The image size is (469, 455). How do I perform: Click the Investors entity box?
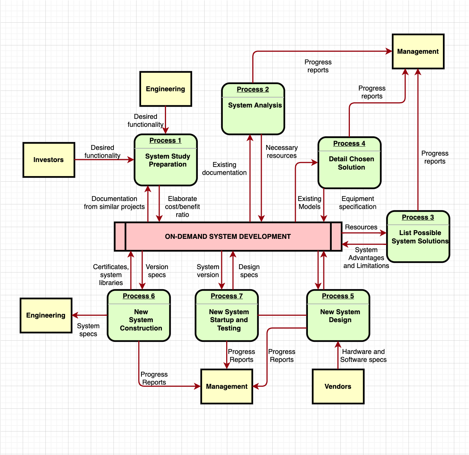[49, 160]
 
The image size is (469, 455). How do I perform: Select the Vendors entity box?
[338, 386]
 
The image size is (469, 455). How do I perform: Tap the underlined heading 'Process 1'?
[165, 140]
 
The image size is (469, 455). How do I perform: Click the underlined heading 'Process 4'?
[349, 143]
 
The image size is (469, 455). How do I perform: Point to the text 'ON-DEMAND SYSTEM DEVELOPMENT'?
[228, 237]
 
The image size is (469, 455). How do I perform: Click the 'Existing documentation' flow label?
[224, 169]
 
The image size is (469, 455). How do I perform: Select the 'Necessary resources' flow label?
[281, 152]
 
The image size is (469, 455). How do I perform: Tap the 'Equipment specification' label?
[357, 203]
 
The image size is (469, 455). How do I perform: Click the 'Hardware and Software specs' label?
[363, 356]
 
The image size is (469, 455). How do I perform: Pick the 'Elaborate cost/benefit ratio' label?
[182, 207]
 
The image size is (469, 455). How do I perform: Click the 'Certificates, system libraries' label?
[111, 275]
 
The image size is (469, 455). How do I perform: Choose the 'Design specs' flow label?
[249, 271]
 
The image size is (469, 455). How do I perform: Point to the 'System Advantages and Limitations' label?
[366, 258]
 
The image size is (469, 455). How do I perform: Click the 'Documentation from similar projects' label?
[114, 203]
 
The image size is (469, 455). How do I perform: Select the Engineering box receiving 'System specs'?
[46, 315]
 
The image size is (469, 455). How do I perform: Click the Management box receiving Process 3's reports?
[418, 51]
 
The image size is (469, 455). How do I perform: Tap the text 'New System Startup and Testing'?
[229, 320]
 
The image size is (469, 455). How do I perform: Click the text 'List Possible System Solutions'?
[420, 237]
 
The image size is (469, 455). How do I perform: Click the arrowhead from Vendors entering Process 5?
[338, 344]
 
